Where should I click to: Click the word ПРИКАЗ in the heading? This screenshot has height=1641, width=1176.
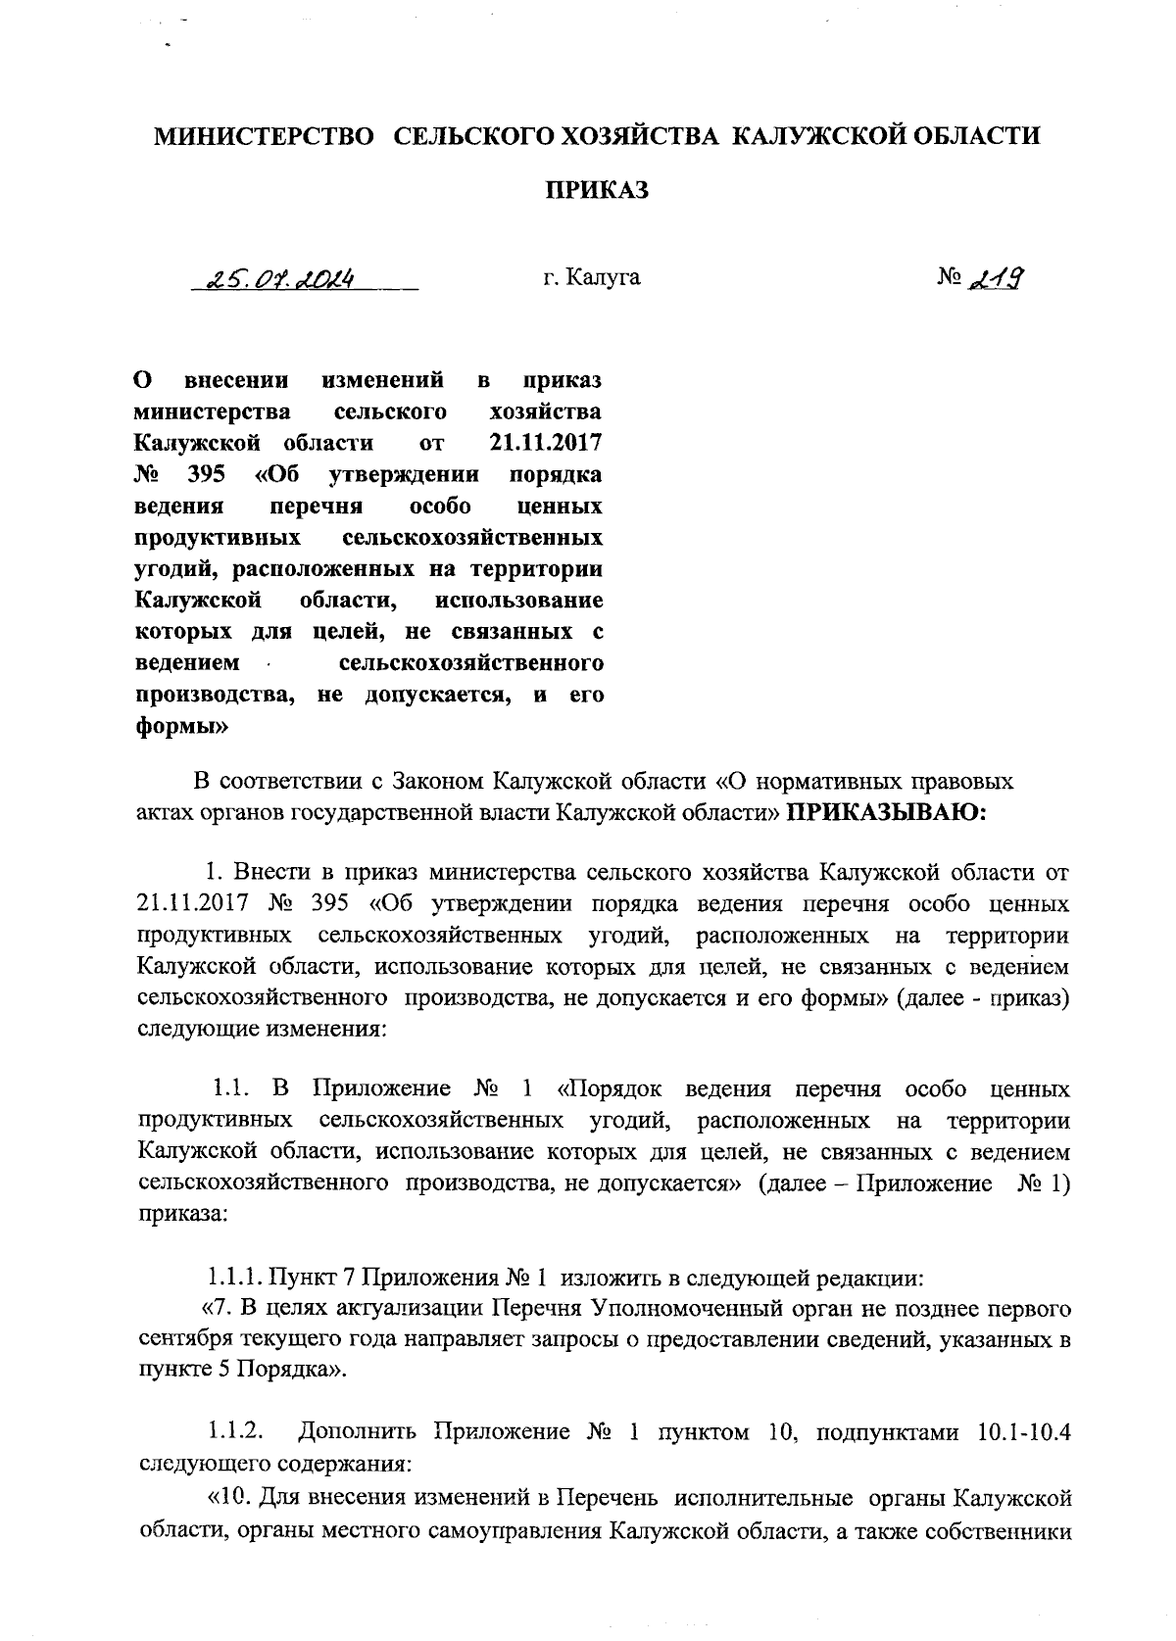coord(597,191)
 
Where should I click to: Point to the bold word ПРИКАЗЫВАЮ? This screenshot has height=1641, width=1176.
coord(887,812)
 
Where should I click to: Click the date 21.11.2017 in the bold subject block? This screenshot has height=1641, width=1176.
coord(546,443)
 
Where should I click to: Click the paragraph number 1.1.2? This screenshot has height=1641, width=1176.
coord(235,1432)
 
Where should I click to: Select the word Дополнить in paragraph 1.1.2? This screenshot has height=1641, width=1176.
coord(361,1432)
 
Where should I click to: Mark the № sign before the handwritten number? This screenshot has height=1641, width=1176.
coord(949,279)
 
